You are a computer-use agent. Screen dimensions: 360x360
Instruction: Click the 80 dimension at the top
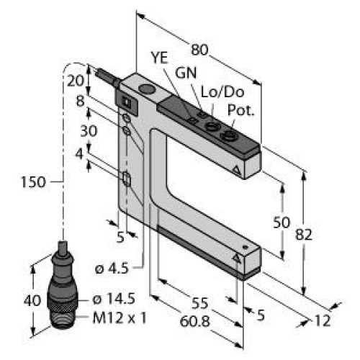click(199, 51)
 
